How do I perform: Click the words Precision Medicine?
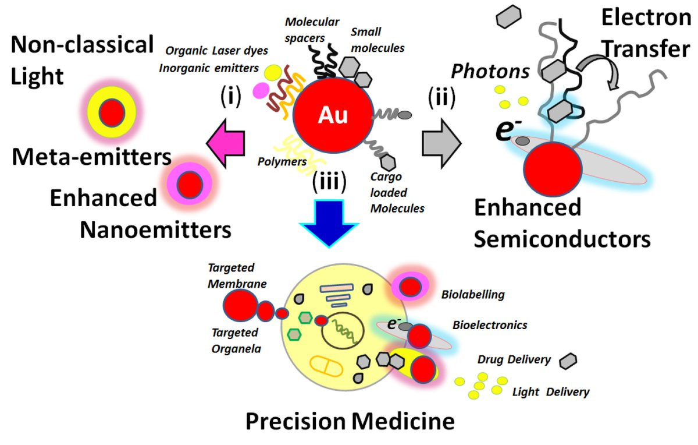click(x=349, y=421)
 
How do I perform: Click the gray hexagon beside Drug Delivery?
click(x=568, y=361)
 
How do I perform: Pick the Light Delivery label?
click(x=550, y=392)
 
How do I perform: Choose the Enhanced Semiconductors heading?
click(x=561, y=223)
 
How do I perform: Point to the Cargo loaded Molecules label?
click(x=397, y=192)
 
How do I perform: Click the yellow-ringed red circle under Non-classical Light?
click(x=109, y=111)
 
